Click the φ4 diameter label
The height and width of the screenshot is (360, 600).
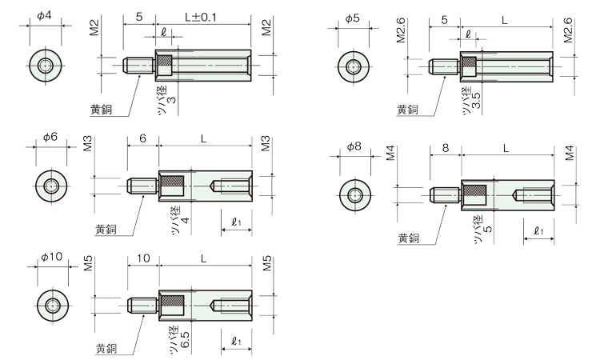coord(45,17)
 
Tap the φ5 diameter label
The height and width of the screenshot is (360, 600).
coord(353,17)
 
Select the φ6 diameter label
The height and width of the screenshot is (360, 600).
coord(50,137)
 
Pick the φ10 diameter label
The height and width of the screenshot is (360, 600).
coord(50,258)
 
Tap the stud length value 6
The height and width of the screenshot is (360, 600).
coord(142,138)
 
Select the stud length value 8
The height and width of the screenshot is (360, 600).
coord(445,147)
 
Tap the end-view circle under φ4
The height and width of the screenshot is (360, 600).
coord(46,66)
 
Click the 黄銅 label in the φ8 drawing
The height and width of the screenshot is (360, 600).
coord(409,238)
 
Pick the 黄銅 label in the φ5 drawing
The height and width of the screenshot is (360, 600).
coord(407,110)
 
